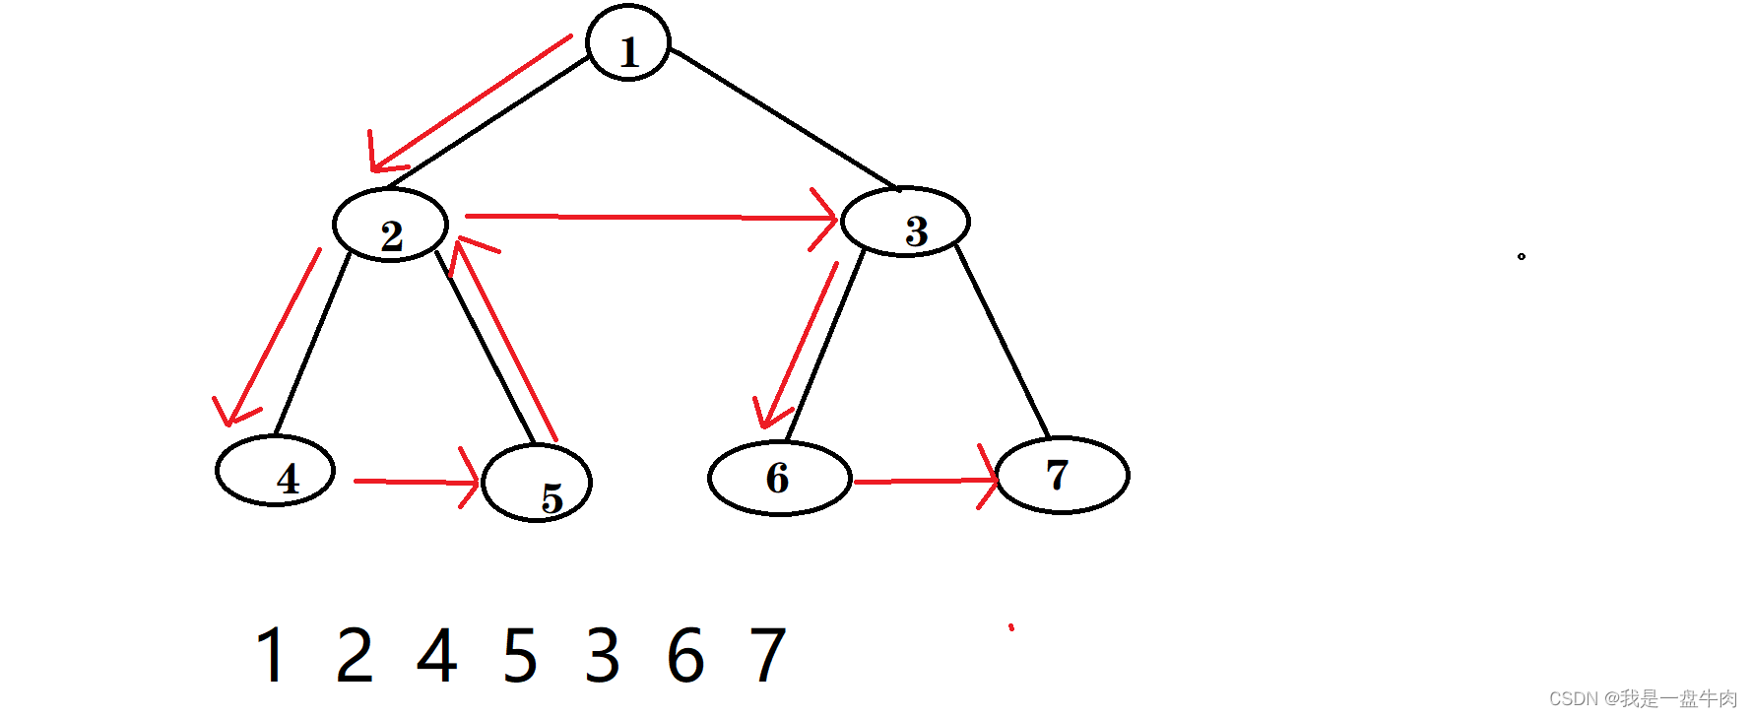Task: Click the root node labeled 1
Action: pos(628,43)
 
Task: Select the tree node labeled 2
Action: pos(390,225)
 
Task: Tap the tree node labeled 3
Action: pos(905,222)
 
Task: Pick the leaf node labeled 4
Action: pos(275,471)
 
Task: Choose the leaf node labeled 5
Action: pos(537,483)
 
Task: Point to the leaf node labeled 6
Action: pos(779,478)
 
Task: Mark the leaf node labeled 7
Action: pos(1063,475)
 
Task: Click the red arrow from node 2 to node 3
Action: pos(650,217)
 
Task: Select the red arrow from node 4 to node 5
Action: pos(414,482)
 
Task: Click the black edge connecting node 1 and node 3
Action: pos(783,118)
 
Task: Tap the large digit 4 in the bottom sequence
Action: pos(437,655)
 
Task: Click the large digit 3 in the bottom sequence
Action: pos(603,655)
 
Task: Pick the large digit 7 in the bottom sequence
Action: pos(768,655)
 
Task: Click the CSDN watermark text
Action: pos(1643,698)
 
